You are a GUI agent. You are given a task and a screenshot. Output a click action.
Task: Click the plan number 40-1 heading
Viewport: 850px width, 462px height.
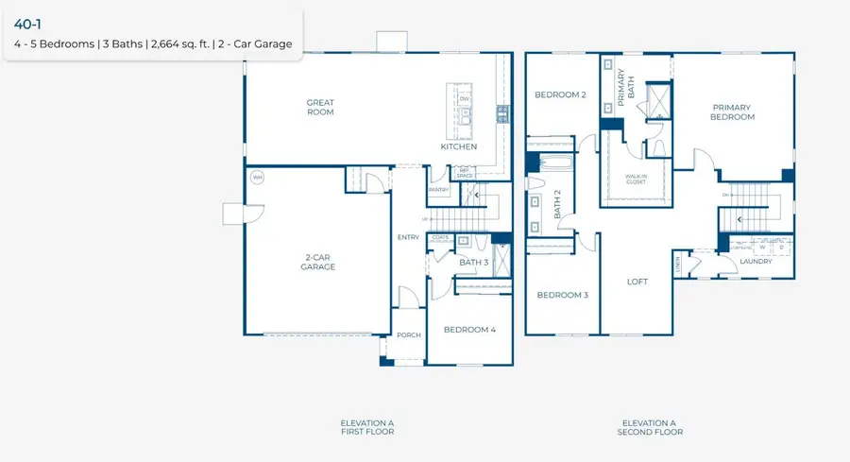(x=27, y=25)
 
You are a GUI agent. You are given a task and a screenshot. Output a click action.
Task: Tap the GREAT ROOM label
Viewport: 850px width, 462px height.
(x=320, y=108)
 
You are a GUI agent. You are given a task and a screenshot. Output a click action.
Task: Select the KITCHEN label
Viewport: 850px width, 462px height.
(x=459, y=147)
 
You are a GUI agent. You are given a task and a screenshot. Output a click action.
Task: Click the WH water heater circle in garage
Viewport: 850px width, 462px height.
(x=256, y=177)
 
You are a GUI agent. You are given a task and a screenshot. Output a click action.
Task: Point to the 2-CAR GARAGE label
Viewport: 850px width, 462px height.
(x=319, y=262)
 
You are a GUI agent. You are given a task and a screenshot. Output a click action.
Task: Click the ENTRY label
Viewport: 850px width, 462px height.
(x=408, y=237)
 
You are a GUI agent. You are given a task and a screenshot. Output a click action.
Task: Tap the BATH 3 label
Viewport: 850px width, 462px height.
(x=473, y=263)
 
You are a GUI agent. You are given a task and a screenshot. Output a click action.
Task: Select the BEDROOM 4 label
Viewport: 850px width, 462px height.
(x=469, y=329)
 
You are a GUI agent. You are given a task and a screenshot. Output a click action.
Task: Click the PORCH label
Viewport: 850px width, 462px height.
(x=408, y=335)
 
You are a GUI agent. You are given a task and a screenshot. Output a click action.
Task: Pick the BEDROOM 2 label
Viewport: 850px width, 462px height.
(x=561, y=94)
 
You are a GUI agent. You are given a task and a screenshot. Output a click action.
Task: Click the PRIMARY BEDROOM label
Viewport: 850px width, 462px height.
(x=733, y=112)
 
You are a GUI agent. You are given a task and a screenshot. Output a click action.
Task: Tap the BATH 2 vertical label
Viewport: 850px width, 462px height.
(x=557, y=204)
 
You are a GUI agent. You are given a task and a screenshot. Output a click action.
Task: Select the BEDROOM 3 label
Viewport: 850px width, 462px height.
(x=563, y=295)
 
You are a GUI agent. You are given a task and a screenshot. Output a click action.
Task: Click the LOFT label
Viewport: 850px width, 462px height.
(x=637, y=282)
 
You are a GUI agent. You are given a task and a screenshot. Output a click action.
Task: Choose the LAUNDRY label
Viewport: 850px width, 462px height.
(x=756, y=262)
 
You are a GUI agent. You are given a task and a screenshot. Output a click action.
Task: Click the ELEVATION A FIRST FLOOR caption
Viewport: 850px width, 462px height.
(x=367, y=427)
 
